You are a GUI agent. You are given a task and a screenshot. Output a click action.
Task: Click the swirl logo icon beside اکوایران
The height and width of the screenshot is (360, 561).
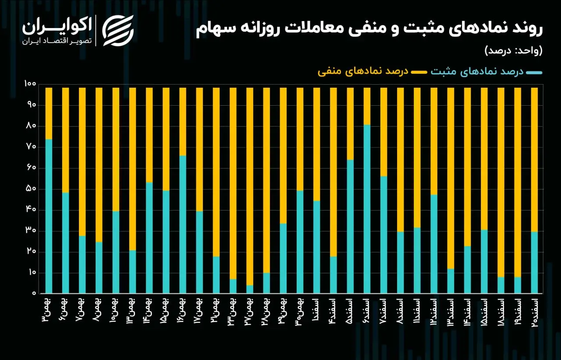pyautogui.click(x=118, y=31)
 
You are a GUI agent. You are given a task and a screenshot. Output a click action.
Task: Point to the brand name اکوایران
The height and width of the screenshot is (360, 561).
pyautogui.click(x=57, y=26)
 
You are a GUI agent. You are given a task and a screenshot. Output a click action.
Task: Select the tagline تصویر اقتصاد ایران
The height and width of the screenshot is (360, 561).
pyautogui.click(x=57, y=41)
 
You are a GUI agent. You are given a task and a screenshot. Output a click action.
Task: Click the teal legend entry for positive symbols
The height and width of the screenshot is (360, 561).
pyautogui.click(x=486, y=72)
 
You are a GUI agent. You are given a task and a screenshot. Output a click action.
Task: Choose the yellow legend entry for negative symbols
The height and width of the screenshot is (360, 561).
pyautogui.click(x=373, y=72)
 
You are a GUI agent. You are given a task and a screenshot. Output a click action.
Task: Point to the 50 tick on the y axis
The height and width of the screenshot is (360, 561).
pyautogui.click(x=31, y=189)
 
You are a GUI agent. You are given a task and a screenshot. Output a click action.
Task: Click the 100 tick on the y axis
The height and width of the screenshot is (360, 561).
pyautogui.click(x=30, y=84)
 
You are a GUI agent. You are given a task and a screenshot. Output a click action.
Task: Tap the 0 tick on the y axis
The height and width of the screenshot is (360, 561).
pyautogui.click(x=34, y=293)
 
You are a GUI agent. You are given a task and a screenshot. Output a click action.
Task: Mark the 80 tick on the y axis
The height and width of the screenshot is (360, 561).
pyautogui.click(x=31, y=126)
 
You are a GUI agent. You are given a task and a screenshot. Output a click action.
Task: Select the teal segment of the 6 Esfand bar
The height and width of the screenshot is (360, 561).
pyautogui.click(x=367, y=209)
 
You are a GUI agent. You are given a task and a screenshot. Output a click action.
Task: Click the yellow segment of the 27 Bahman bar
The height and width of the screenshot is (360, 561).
pyautogui.click(x=250, y=186)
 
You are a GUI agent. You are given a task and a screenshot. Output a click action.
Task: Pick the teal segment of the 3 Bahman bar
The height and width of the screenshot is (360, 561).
pyautogui.click(x=49, y=216)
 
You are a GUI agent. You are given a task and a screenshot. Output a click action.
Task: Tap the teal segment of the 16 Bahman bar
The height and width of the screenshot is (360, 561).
pyautogui.click(x=183, y=225)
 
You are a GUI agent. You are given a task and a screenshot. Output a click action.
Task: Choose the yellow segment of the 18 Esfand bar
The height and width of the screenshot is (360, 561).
pyautogui.click(x=501, y=182)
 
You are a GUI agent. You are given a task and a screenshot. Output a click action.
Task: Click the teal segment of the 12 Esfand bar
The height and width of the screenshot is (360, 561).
pyautogui.click(x=434, y=244)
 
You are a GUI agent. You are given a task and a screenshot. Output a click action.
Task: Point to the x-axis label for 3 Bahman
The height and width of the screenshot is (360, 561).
pyautogui.click(x=49, y=310)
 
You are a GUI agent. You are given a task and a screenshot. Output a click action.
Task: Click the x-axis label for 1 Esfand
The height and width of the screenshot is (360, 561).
pyautogui.click(x=316, y=310)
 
